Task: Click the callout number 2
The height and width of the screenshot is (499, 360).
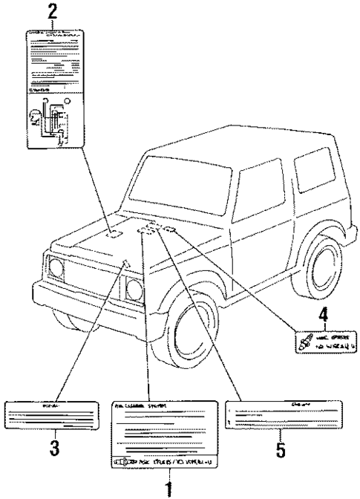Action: [x=52, y=12]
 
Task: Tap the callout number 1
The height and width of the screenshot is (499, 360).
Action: [x=170, y=488]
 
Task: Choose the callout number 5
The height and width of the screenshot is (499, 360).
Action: [x=279, y=449]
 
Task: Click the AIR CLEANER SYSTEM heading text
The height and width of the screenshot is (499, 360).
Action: [x=141, y=406]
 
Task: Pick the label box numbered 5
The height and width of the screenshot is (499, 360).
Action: [x=279, y=415]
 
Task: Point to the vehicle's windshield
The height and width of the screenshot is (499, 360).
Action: [x=181, y=190]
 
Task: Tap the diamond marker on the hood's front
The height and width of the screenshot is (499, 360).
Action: [x=127, y=261]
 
